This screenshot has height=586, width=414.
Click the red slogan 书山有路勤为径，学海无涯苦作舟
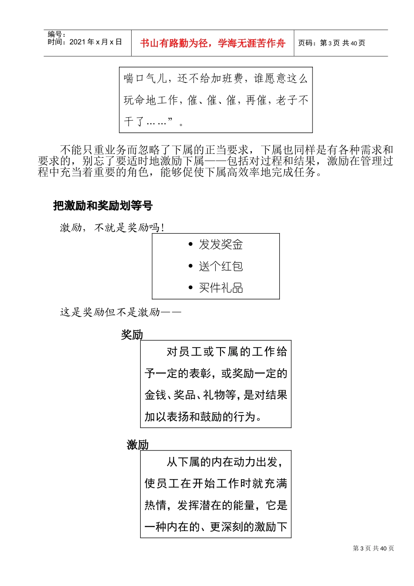pos(213,43)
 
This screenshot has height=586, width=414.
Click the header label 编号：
pos(57,34)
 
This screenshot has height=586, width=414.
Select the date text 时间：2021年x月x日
pos(85,42)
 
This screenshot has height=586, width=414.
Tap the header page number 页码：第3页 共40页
pos(332,43)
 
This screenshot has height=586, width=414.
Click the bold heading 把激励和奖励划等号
pos(103,205)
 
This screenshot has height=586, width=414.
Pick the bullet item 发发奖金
pos(221,245)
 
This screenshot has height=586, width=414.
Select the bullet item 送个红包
pos(221,266)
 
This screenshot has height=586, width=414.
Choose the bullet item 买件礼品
pos(221,288)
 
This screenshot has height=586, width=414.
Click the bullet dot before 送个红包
pos(190,266)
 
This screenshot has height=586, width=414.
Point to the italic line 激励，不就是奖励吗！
pos(112,228)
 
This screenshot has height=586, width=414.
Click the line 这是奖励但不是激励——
pos(120,312)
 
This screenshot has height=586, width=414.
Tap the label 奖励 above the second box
pos(132,335)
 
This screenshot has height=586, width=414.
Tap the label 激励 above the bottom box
pos(138,445)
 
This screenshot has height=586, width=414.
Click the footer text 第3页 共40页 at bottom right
pos(373,549)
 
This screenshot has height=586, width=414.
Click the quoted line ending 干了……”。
pos(153,121)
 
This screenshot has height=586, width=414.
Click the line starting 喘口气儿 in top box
pos(216,78)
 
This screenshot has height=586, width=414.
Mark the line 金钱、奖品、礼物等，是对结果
pos(216,395)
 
